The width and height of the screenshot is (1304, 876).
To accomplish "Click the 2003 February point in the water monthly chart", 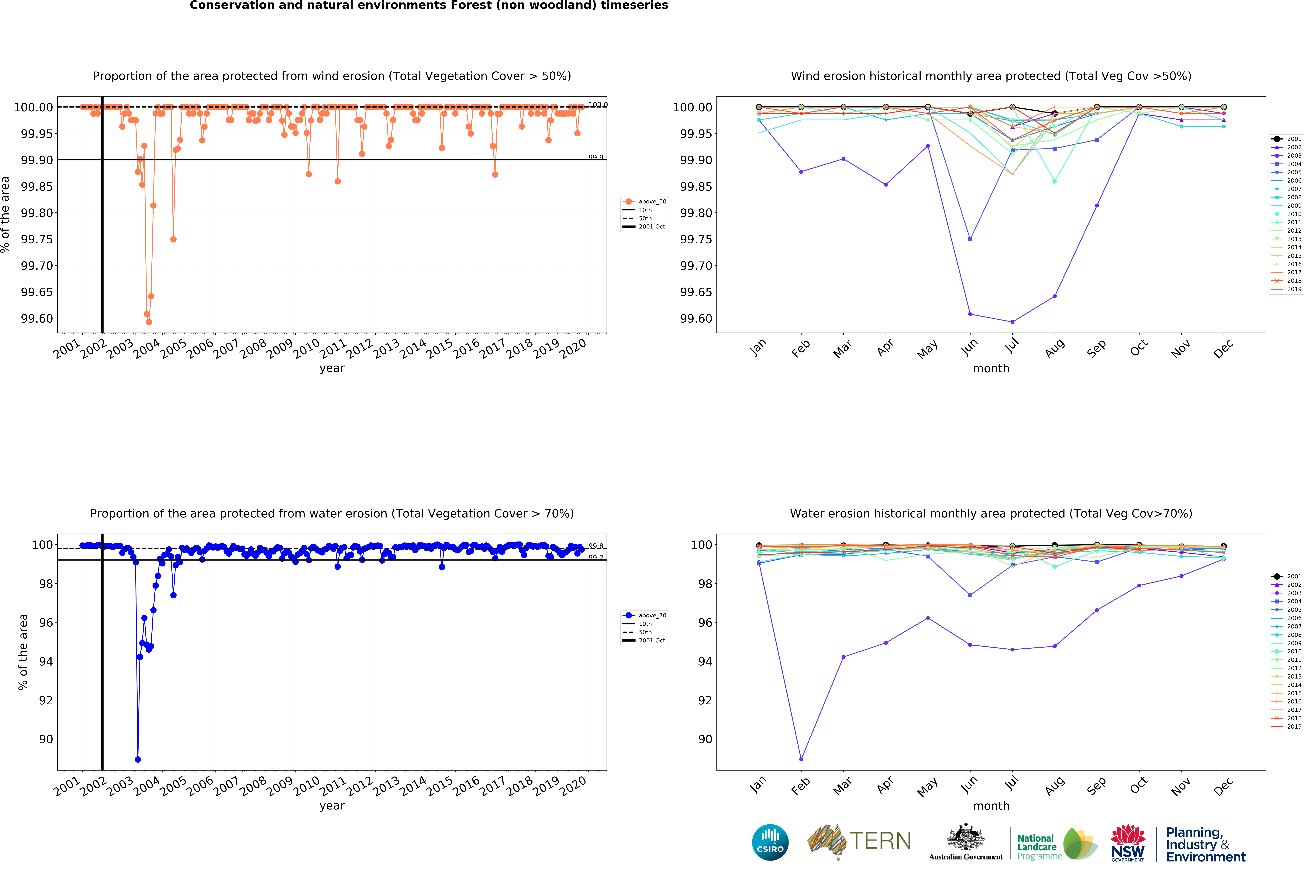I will click(x=801, y=759).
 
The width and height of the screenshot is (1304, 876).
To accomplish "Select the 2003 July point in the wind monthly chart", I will click(x=1012, y=322).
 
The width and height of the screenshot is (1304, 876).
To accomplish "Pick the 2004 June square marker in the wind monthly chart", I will click(x=970, y=239).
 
